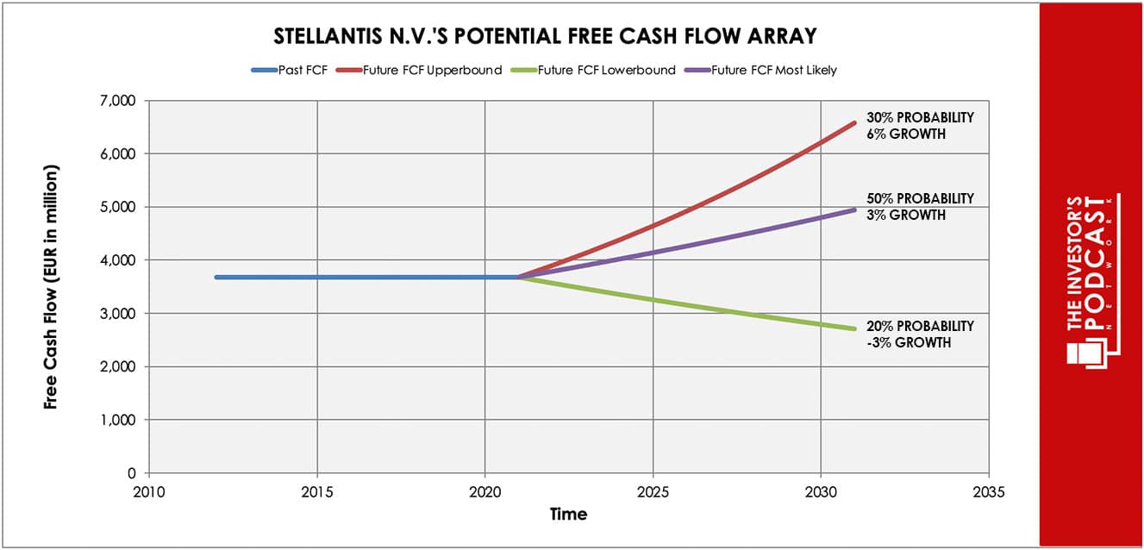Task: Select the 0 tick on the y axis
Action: [x=133, y=473]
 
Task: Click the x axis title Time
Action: [x=568, y=515]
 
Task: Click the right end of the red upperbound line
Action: [x=854, y=122]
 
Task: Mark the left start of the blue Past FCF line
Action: [x=216, y=277]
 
